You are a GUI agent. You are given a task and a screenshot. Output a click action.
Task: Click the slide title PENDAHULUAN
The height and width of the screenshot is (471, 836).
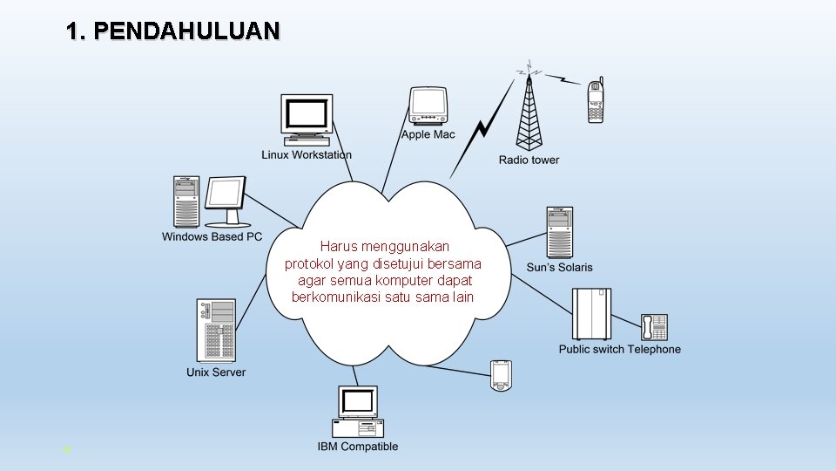[x=172, y=32]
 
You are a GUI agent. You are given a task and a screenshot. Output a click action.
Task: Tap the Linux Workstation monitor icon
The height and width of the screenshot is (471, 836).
[x=307, y=118]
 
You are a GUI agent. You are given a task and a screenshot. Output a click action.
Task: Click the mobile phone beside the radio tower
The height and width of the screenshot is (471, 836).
[x=596, y=100]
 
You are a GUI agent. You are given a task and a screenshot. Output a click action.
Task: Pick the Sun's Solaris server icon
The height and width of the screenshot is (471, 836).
[x=559, y=232]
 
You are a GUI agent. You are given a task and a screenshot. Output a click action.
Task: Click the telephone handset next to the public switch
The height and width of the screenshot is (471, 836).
[x=653, y=327]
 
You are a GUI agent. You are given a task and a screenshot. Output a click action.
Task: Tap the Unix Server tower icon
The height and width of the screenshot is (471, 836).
[x=216, y=331]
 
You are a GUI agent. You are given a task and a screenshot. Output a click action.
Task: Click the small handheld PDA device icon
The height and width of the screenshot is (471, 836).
[x=500, y=375]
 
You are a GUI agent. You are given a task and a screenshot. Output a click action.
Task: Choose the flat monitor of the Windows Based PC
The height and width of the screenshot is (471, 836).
[x=225, y=201]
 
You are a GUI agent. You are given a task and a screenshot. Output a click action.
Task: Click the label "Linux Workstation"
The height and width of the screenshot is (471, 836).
[x=307, y=155]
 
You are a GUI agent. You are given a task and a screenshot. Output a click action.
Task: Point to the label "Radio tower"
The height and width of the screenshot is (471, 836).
[x=529, y=160]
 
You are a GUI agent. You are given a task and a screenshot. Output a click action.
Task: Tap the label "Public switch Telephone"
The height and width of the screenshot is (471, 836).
[x=619, y=350]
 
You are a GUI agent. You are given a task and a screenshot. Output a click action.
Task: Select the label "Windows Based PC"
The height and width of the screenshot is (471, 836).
[x=212, y=236]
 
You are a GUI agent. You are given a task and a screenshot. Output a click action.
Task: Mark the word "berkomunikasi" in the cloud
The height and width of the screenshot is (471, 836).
[x=335, y=297]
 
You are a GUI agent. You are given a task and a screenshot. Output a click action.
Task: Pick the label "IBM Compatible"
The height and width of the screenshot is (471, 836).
[x=357, y=447]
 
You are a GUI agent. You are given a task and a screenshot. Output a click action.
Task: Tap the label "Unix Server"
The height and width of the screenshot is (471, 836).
[x=216, y=372]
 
